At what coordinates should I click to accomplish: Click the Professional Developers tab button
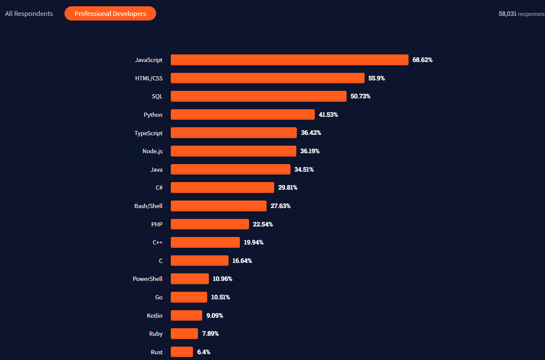point(110,13)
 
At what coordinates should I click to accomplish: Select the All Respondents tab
point(29,13)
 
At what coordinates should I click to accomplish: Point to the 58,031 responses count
point(521,14)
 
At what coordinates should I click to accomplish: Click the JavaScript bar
point(289,60)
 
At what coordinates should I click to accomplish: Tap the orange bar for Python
point(242,115)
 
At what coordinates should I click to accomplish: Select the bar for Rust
point(182,352)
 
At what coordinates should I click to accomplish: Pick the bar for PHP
point(210,224)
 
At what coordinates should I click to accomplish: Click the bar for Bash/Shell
point(219,206)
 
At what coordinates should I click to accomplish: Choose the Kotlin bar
point(186,316)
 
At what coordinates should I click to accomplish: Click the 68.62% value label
point(422,60)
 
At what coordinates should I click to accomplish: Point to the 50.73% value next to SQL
point(360,96)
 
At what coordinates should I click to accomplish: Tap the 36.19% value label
point(310,151)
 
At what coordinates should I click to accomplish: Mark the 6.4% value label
point(203,352)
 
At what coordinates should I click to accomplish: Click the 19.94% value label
point(253,242)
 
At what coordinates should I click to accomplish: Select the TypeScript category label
point(149,133)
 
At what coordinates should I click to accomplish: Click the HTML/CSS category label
point(149,78)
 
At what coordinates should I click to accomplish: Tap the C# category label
point(159,188)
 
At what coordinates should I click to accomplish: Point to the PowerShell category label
point(148,279)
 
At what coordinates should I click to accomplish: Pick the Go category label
point(159,297)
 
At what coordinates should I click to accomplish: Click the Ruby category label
point(156,334)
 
